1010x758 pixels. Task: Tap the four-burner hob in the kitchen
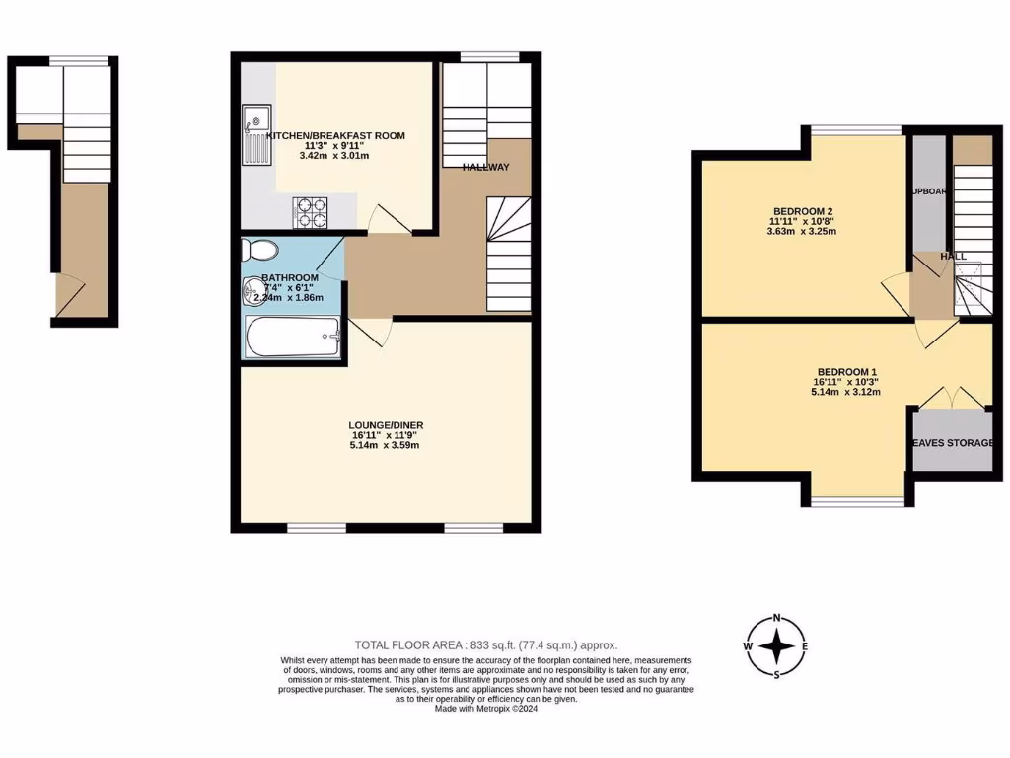pyautogui.click(x=312, y=210)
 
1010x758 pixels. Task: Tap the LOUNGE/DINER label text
pyautogui.click(x=386, y=425)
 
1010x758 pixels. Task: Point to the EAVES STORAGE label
pyautogui.click(x=952, y=443)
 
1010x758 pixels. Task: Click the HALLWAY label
pyautogui.click(x=486, y=167)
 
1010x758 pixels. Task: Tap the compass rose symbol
pyautogui.click(x=777, y=646)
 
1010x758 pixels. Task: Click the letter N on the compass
pyautogui.click(x=777, y=619)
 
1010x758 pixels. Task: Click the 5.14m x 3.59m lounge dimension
pyautogui.click(x=386, y=445)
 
